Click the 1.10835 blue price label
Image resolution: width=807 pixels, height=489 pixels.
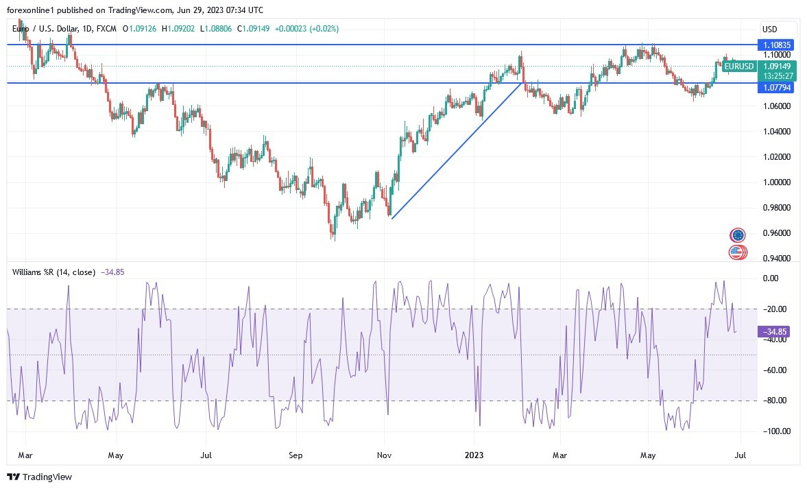pos(777,44)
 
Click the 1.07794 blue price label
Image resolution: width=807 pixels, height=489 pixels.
pos(777,88)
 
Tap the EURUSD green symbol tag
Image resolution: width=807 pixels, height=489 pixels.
pos(739,67)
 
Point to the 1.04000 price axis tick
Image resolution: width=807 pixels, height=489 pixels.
pos(776,132)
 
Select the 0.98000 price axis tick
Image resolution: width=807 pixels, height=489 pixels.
pos(776,208)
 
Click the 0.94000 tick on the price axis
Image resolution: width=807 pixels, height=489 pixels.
pos(776,259)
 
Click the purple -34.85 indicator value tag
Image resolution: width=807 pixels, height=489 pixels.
pos(775,331)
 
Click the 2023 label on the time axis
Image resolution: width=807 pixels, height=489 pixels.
pos(474,455)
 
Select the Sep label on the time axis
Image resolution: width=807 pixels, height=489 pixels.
pos(296,455)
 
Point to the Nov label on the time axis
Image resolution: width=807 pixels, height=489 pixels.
pos(384,455)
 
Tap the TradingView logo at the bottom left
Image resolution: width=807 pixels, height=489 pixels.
pos(39,477)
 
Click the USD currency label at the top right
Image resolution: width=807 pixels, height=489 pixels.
pos(769,29)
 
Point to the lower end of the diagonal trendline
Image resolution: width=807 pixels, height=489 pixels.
pos(392,218)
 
